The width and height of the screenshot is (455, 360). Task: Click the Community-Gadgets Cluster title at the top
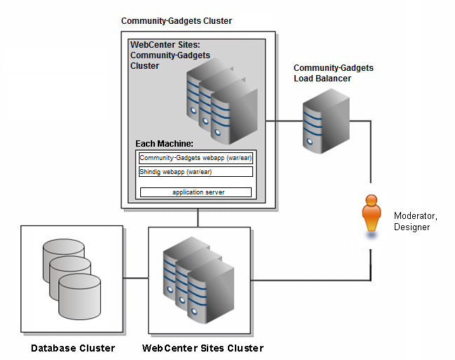[x=177, y=21]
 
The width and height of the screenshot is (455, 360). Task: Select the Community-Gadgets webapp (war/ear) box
[x=196, y=158]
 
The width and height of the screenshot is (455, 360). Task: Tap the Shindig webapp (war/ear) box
[x=196, y=172]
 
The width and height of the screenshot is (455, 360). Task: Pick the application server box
[x=196, y=192]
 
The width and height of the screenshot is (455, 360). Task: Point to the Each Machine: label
[x=164, y=144]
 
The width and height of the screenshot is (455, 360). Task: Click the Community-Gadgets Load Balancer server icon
[x=326, y=121]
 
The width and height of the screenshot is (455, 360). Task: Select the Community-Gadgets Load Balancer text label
[x=334, y=73]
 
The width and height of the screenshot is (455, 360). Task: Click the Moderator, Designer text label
[x=416, y=221]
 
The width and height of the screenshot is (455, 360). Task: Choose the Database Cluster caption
[x=73, y=348]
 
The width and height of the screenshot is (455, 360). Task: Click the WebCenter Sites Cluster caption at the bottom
[x=203, y=348]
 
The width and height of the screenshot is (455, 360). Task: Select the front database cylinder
[x=79, y=296]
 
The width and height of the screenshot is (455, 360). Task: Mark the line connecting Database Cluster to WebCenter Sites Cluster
[x=136, y=278]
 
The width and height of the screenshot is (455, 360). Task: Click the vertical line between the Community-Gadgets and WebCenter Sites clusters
[x=198, y=218]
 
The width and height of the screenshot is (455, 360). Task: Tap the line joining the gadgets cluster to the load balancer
[x=285, y=121]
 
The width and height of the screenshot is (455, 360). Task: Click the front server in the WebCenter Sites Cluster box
[x=210, y=294]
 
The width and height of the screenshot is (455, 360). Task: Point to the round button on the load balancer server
[x=310, y=142]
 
